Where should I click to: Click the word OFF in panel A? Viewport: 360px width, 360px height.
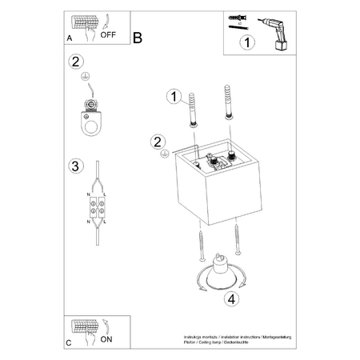click(106, 36)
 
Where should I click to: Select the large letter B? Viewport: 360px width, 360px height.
click(138, 37)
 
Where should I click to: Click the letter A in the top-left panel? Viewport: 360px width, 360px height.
click(70, 38)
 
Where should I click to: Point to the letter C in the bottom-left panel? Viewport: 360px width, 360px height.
click(70, 343)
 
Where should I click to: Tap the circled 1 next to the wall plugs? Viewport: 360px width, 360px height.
click(170, 98)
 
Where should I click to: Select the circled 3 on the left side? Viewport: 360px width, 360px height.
click(75, 166)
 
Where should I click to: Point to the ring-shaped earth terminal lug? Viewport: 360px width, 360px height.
click(93, 118)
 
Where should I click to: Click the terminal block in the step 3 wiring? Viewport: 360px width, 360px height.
click(98, 206)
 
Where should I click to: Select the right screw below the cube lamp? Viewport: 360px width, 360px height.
click(237, 238)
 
